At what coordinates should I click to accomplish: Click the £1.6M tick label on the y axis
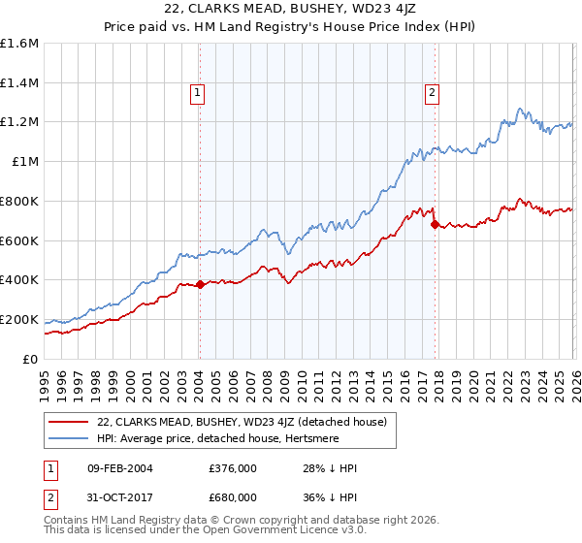click(18, 44)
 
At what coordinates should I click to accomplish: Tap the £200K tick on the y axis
click(18, 319)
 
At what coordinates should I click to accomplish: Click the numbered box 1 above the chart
click(197, 93)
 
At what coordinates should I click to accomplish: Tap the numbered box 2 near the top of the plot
click(431, 93)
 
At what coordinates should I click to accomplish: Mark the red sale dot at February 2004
click(200, 284)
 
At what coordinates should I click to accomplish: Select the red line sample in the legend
click(69, 422)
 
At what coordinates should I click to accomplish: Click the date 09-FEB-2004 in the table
click(115, 468)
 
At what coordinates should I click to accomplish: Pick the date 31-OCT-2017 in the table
click(115, 497)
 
